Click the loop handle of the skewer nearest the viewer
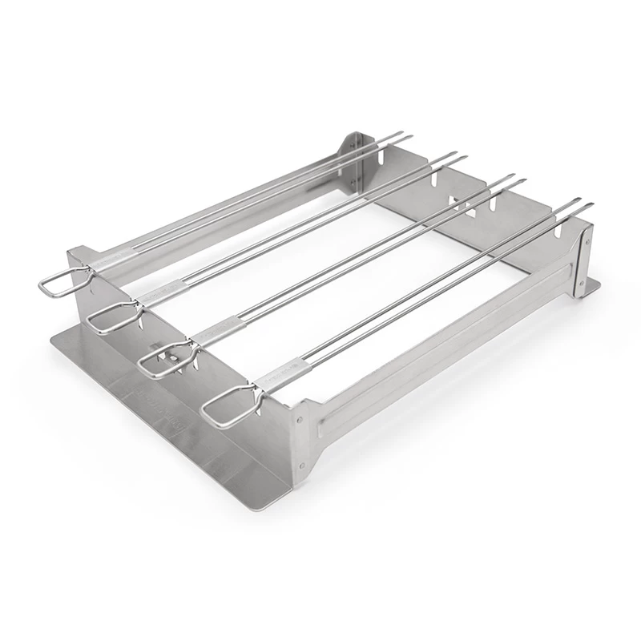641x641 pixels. click(225, 409)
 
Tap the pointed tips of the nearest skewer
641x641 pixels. click(587, 204)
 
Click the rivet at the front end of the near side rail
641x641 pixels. click(301, 417)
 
